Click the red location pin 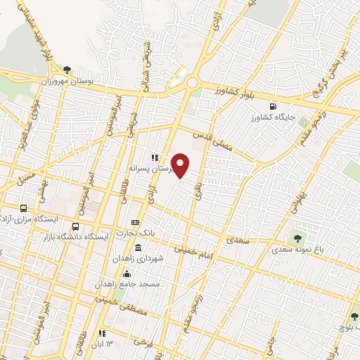click(x=181, y=165)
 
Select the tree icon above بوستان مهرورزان click(x=67, y=70)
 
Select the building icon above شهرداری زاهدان click(x=136, y=248)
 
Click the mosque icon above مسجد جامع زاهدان click(x=127, y=274)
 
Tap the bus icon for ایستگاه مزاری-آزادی click(x=23, y=209)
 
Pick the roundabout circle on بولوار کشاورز click(x=191, y=84)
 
